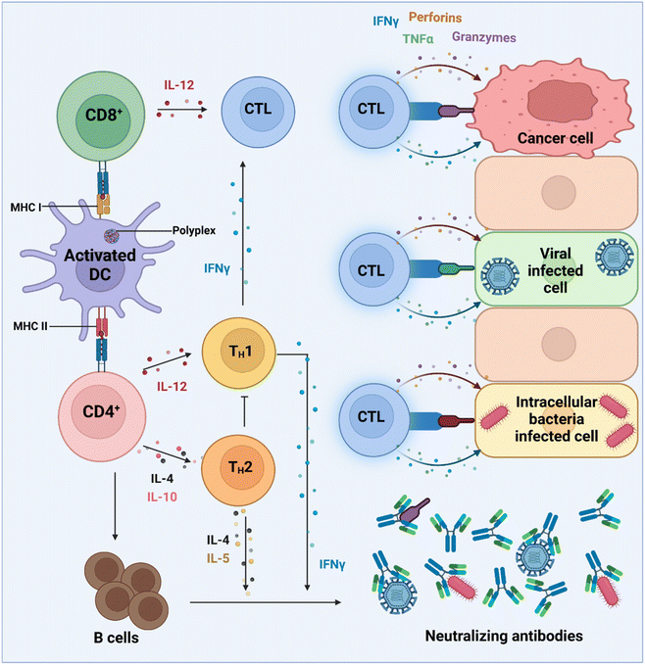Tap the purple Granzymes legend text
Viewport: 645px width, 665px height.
coord(484,38)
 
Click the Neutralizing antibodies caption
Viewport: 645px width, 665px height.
coord(505,637)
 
